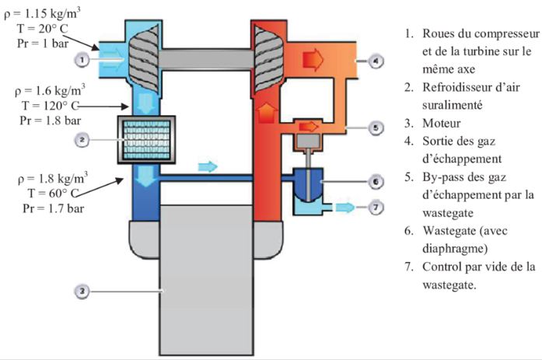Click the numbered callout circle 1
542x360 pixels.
point(81,59)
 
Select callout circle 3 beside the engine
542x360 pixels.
point(81,292)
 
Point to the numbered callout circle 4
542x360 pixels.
point(376,59)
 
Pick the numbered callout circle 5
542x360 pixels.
point(376,127)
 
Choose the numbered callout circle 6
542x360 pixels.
point(376,181)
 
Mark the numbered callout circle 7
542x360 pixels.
point(376,208)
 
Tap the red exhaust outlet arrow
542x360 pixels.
point(313,59)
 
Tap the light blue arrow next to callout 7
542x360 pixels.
point(345,208)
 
